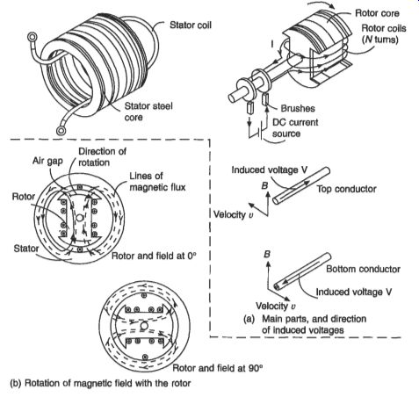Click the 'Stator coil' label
pos(191,25)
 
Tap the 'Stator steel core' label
pos(148,112)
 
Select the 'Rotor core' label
pos(377,13)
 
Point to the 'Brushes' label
pos(298,108)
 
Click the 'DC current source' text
pos(295,128)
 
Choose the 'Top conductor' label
pos(346,189)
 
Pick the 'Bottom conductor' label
pos(363,269)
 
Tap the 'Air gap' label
pos(47,161)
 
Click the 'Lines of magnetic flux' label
pos(157,182)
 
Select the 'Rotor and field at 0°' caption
pos(154,256)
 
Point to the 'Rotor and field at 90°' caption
pos(217,368)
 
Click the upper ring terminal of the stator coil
pos(32,37)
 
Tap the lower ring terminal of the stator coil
pos(61,131)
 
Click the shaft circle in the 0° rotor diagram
pos(79,218)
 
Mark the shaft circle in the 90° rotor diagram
pos(144,326)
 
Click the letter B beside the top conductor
pos(264,185)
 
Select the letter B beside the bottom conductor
pos(267,254)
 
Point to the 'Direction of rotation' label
pos(102,157)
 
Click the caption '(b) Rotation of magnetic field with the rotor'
pos(100,383)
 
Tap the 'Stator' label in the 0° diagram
pos(26,249)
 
